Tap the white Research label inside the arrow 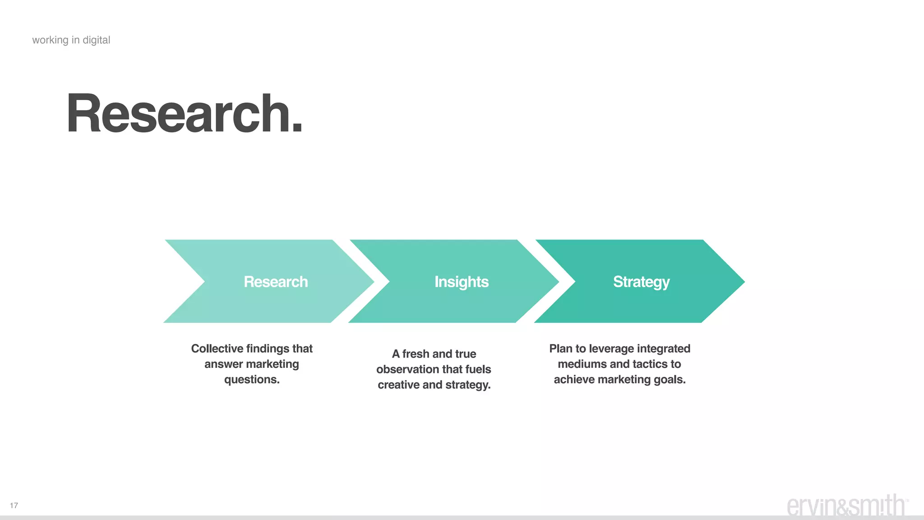pos(276,282)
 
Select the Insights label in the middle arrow pos(461,282)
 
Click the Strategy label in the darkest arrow pos(641,282)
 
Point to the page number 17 pos(14,506)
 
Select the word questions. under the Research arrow pos(252,379)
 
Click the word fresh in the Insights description pos(416,354)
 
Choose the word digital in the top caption pos(96,40)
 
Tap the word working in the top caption pos(50,40)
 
